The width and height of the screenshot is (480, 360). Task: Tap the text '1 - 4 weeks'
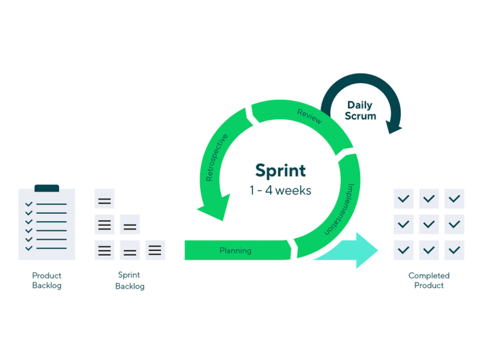coord(280,191)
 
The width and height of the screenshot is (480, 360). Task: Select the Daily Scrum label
coord(360,110)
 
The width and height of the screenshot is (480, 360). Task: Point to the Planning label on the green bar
coord(235,251)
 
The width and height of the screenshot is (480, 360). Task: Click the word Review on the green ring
coord(310,116)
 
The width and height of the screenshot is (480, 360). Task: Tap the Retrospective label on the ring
coord(217,157)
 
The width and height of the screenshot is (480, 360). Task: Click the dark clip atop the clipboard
coord(47,188)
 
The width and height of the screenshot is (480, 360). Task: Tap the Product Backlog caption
coord(47,280)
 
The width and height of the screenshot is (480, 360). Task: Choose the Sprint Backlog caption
coord(130,280)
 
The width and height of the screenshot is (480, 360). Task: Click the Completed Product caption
coord(429,280)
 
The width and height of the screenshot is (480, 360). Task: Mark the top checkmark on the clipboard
coord(29,204)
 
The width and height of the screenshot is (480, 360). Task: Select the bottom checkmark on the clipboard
coord(29,248)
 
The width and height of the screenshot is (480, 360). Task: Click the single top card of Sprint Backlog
coord(104,199)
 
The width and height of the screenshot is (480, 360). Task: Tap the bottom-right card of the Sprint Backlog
coord(155,250)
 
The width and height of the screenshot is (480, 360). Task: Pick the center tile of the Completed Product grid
coord(429,224)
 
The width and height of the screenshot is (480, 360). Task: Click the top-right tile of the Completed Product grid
coord(454,199)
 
